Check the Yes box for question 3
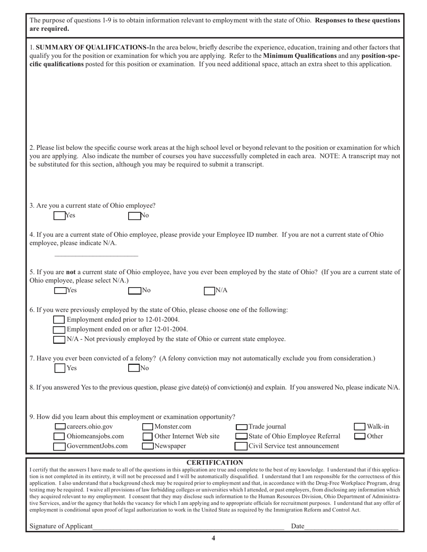click(59, 215)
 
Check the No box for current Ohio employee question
click(134, 215)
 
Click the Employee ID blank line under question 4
click(96, 255)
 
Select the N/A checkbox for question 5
click(209, 290)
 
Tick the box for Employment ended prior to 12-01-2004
click(59, 320)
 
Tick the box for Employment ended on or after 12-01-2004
click(59, 329)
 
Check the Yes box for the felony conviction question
click(60, 368)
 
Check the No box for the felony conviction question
click(134, 368)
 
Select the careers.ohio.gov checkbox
click(60, 426)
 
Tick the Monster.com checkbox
click(148, 426)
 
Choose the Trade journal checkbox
click(242, 426)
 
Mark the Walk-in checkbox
click(360, 426)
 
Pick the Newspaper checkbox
click(148, 446)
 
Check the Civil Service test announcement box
click(241, 446)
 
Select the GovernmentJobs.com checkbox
click(59, 446)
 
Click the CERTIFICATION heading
click(214, 462)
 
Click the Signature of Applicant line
click(189, 526)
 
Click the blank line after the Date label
click(351, 526)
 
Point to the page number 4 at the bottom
click(213, 539)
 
